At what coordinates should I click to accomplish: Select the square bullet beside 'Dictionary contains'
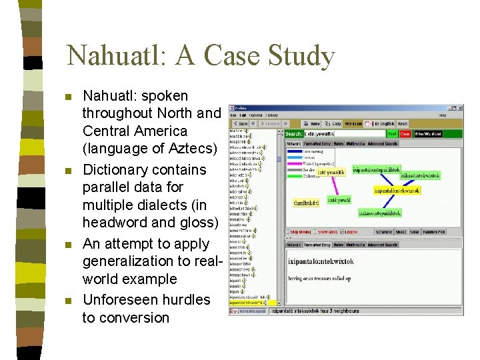(67, 171)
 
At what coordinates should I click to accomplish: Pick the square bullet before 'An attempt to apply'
(67, 245)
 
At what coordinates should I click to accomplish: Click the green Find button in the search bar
(393, 133)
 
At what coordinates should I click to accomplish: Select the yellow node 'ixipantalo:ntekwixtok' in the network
(397, 190)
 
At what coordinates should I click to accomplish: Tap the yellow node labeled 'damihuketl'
(307, 202)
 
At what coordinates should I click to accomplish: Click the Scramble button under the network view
(385, 232)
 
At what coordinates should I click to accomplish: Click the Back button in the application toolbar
(240, 123)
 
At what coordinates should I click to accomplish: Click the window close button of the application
(459, 108)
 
